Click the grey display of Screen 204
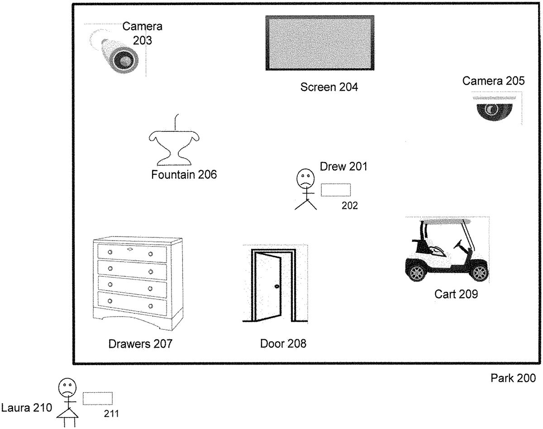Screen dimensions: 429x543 (319, 43)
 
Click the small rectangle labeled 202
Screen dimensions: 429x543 (336, 190)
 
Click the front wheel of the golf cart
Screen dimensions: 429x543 (480, 273)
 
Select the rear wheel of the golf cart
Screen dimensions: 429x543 (417, 273)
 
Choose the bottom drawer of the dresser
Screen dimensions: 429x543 (132, 305)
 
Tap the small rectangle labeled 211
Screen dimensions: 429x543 (98, 398)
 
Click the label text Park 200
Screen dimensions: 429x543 (513, 378)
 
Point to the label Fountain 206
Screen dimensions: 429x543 (184, 174)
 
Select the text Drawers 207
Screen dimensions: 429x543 (140, 344)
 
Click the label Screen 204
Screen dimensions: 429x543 (329, 87)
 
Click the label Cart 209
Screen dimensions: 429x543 (456, 294)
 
